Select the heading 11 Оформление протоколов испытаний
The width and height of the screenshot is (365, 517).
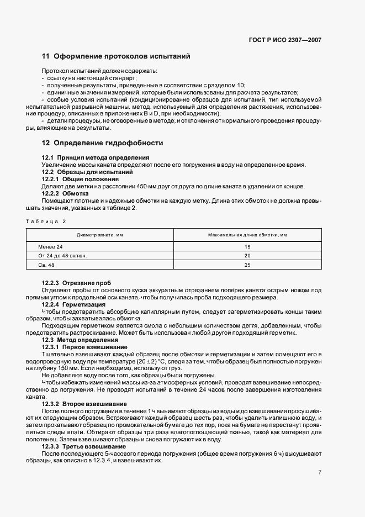pos(116,56)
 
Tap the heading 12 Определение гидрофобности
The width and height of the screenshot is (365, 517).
pos(103,143)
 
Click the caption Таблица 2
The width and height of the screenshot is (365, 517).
pos(45,221)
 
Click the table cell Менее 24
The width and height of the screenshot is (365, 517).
pos(51,246)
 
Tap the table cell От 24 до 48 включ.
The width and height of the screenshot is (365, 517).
pos(62,256)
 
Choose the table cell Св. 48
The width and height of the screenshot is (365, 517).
pos(47,265)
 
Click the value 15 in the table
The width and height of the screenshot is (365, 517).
pos(247,246)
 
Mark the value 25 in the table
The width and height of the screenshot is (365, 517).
pos(247,265)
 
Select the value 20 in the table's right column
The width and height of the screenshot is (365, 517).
pos(247,256)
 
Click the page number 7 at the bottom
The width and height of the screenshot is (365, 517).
pos(320,472)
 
